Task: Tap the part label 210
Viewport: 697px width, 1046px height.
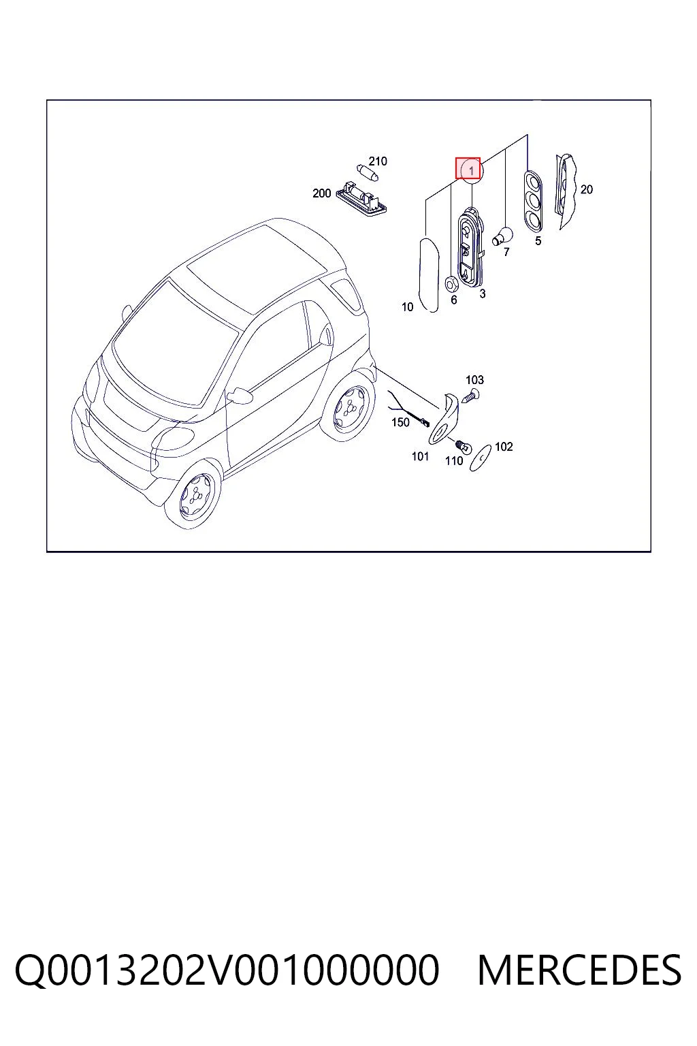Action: coord(378,161)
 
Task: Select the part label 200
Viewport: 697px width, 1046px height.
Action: coord(322,193)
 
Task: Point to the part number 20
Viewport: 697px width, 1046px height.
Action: coord(586,189)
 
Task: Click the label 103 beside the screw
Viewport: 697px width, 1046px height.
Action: coord(474,379)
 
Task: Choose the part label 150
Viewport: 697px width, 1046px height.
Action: coord(400,422)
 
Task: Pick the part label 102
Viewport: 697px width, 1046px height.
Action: coord(504,447)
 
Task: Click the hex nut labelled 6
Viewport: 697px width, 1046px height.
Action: coord(451,284)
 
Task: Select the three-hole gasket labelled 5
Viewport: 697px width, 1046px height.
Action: coord(534,201)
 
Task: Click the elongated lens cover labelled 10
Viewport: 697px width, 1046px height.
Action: coord(428,274)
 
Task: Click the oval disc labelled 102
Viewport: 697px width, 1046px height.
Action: coord(481,458)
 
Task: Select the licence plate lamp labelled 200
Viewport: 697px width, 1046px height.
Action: coord(365,197)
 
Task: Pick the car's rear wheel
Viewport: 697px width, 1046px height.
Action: coord(349,407)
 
